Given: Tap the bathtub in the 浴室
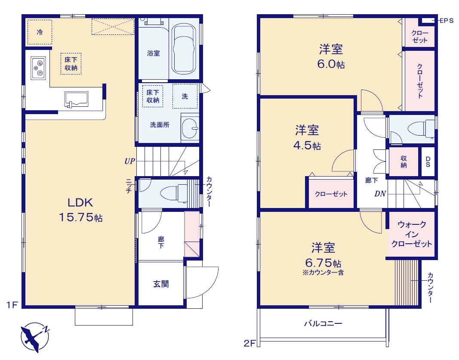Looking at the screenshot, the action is pos(184,49).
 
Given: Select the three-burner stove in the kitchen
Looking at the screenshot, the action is pos(38,68).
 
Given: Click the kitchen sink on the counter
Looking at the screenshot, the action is pos(77,99).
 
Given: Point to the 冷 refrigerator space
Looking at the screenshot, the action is pos(40,32).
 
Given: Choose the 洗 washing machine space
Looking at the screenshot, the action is pos(185,96).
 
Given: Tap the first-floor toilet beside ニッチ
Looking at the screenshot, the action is pos(174,193).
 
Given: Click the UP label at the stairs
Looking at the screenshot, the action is pos(129,161).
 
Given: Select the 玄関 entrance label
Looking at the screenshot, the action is pos(161,284).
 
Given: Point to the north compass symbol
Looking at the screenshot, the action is pos(35,337).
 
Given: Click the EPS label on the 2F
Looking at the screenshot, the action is pos(447,21).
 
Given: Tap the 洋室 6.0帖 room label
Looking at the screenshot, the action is pos(331,56).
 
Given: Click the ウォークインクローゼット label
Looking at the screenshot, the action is pos(412,234).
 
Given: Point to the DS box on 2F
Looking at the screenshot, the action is pos(428,161).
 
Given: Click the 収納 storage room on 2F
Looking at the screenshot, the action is pos(404,161).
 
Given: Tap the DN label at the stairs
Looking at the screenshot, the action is pos(380,194).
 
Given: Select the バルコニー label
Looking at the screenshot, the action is pos(323,323).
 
